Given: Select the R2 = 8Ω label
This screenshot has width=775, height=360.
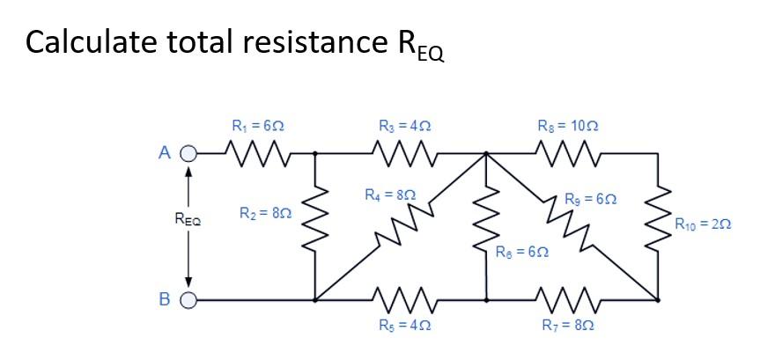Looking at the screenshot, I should coord(265,213).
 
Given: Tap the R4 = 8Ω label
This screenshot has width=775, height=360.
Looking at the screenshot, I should coord(388,193).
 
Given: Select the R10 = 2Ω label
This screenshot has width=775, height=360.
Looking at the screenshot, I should coord(705,225).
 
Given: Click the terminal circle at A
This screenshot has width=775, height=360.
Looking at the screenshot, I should coord(186,154).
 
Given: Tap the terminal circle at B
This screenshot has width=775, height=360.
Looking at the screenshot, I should coord(186,299).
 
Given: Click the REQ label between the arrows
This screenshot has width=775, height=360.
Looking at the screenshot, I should coord(187,226).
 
